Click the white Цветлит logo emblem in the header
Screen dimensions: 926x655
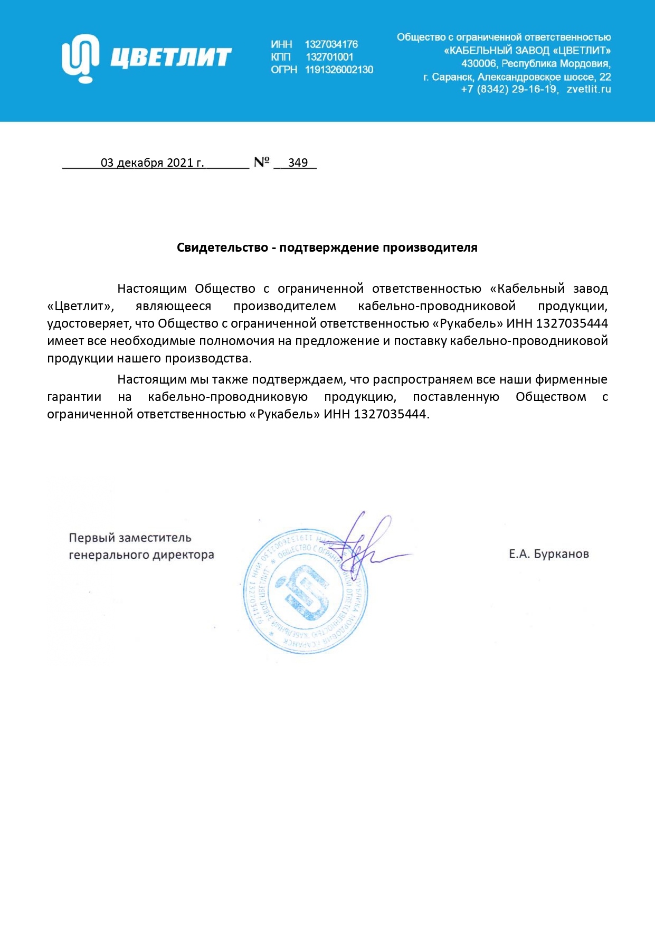click(x=80, y=58)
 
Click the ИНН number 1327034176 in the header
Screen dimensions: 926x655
click(x=331, y=44)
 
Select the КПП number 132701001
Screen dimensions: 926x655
click(x=329, y=57)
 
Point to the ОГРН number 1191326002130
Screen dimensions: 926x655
click(x=339, y=70)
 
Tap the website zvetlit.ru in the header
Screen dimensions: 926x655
click(x=588, y=89)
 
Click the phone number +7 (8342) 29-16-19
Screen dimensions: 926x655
click(x=508, y=89)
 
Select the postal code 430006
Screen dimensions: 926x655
click(x=479, y=64)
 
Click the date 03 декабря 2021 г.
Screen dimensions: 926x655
click(x=152, y=163)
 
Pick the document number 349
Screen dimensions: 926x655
click(x=298, y=163)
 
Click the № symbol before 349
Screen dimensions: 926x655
click(x=262, y=162)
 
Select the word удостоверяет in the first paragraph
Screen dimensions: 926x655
click(x=88, y=323)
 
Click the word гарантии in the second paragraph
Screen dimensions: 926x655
click(x=74, y=397)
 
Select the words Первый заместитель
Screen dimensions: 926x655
click(x=130, y=538)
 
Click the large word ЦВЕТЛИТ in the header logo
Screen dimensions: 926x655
click(x=171, y=58)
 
